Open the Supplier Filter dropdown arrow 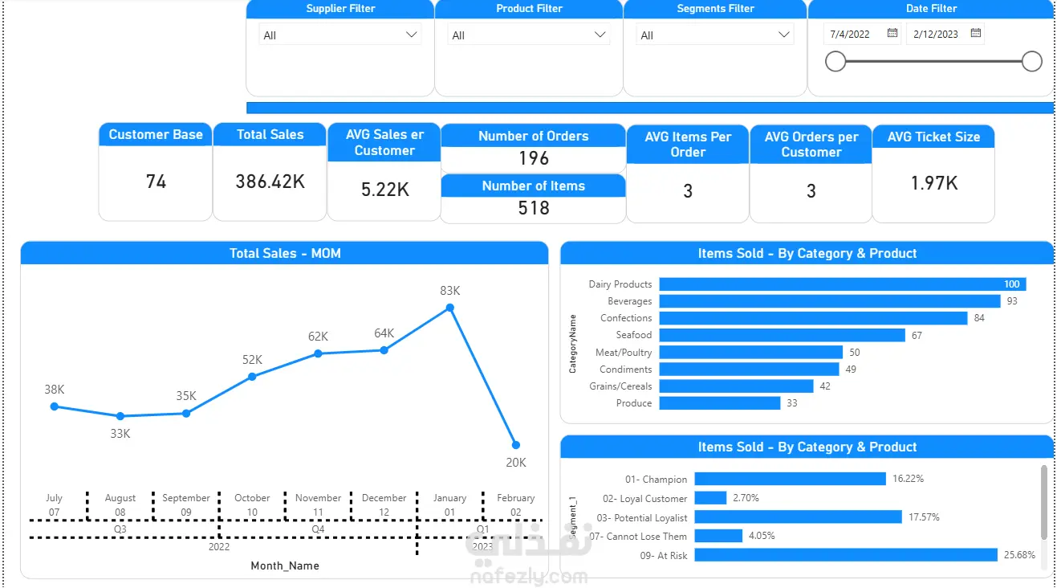point(412,35)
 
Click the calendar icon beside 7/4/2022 point(892,34)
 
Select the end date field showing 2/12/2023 point(936,35)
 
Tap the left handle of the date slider point(835,61)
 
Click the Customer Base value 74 point(156,182)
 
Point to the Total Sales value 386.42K point(270,182)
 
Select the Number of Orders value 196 point(533,158)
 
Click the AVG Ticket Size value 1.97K point(933,183)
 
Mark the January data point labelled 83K point(450,308)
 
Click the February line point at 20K point(516,445)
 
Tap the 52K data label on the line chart point(252,360)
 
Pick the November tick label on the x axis point(318,498)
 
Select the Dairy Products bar point(842,284)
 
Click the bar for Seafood point(782,335)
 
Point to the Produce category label point(634,403)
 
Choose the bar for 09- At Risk point(845,555)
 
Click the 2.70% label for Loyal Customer point(746,498)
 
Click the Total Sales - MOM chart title point(285,254)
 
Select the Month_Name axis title point(285,566)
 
